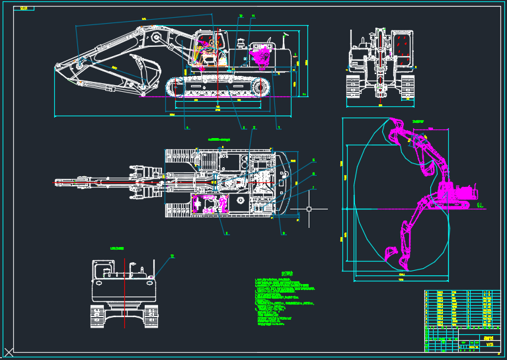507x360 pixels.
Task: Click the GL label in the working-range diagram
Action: coord(481,205)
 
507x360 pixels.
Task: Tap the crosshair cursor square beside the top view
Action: coord(309,209)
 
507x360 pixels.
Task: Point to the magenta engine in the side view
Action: coord(260,54)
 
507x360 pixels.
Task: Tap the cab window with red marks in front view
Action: coord(401,49)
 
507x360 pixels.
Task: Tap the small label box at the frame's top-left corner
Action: coord(24,8)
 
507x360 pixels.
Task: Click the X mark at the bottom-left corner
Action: coord(9,351)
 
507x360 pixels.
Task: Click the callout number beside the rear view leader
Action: coord(173,256)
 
